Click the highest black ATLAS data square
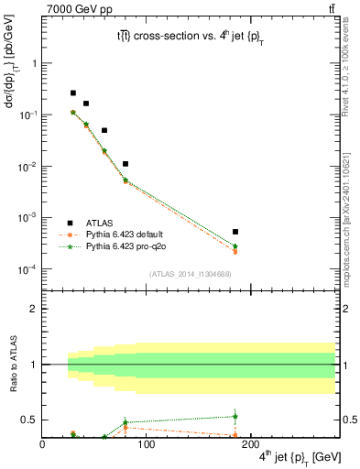point(73,93)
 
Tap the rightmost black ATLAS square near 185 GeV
point(235,232)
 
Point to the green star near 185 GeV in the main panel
point(235,246)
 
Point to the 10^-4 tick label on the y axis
point(27,269)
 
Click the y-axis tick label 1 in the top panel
point(34,64)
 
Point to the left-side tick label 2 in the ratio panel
point(34,309)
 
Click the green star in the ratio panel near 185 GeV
point(235,417)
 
